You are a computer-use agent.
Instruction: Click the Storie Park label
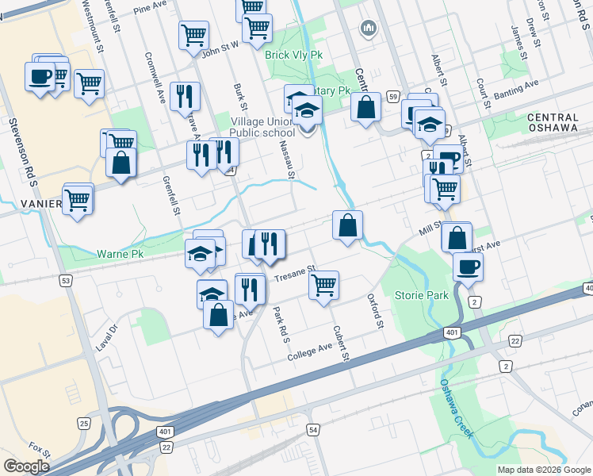click(421, 295)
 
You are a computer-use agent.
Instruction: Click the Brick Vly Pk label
click(295, 56)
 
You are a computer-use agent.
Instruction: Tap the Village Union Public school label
click(262, 127)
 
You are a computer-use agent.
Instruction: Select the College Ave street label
click(314, 348)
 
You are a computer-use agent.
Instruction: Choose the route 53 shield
click(65, 281)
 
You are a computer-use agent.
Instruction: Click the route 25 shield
click(84, 424)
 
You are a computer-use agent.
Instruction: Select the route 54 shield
click(314, 429)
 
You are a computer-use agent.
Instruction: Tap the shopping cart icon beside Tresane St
click(323, 284)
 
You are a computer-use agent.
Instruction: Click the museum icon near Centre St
click(367, 29)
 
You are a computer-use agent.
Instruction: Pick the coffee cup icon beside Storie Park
click(468, 267)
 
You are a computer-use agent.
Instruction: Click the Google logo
click(26, 466)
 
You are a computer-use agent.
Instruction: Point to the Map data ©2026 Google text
click(544, 470)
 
